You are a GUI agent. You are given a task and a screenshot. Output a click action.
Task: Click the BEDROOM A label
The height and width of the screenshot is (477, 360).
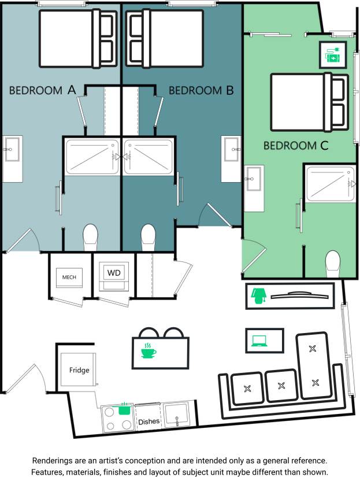43,90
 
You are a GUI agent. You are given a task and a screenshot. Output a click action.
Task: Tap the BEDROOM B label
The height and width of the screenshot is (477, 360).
201,90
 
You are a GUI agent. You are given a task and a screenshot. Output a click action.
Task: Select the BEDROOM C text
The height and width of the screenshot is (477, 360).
296,146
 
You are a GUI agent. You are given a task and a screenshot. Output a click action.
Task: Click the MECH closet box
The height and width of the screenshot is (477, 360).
69,277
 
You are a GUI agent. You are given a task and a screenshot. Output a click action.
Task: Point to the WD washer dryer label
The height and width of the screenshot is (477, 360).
114,272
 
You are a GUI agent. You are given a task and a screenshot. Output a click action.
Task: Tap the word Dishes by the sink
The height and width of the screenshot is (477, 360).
149,421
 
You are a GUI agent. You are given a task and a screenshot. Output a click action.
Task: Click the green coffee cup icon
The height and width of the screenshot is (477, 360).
149,350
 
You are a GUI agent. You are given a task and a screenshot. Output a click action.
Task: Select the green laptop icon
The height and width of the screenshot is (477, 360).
258,341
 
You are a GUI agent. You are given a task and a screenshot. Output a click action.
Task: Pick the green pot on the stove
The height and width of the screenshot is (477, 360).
123,409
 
